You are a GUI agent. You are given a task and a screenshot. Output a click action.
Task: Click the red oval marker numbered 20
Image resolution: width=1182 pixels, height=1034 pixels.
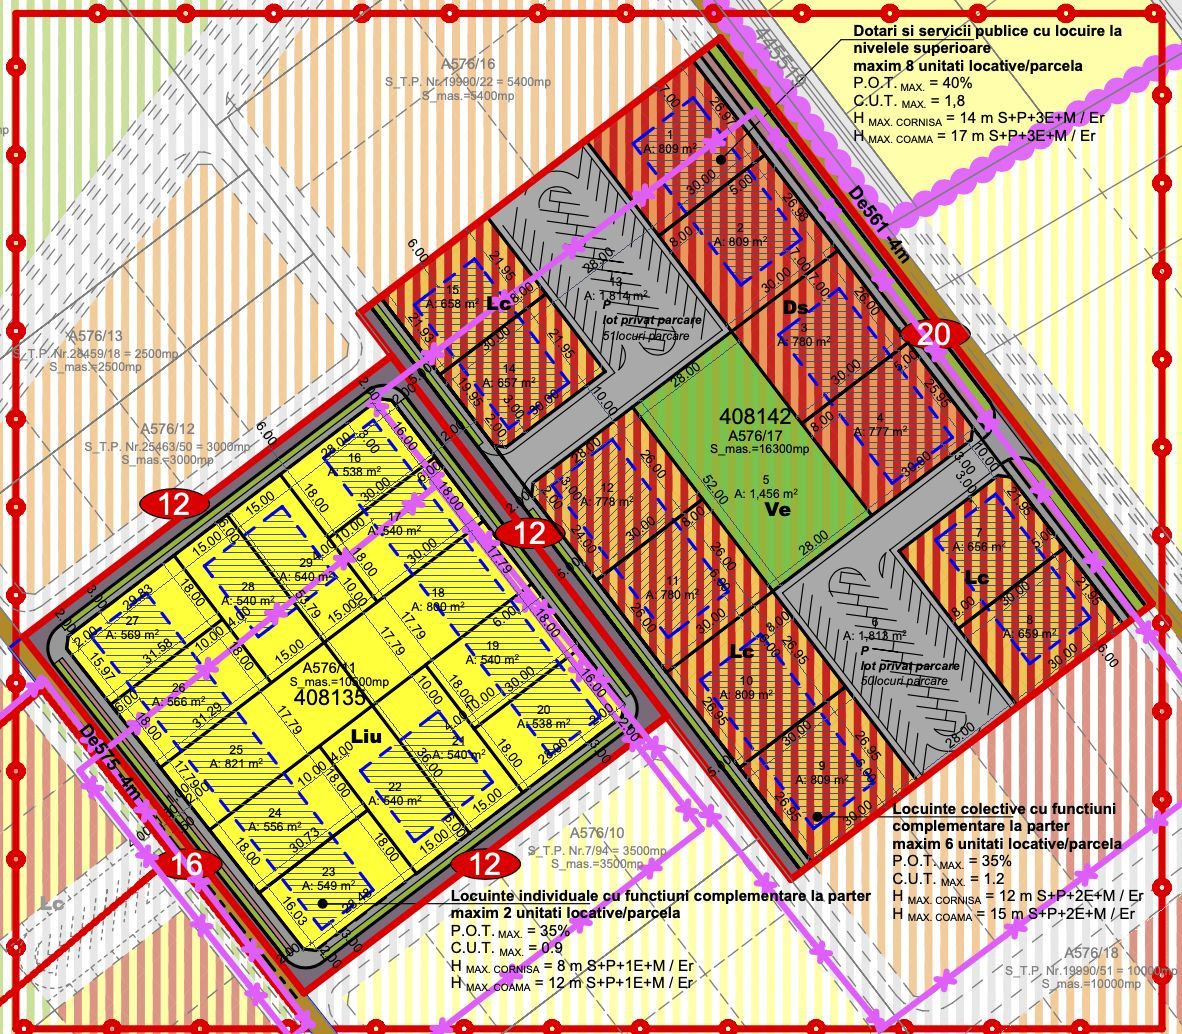[933, 335]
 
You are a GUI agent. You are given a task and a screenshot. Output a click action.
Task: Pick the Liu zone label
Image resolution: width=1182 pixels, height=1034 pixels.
[367, 736]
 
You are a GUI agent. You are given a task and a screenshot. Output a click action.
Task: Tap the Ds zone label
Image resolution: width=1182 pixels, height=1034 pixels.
[796, 306]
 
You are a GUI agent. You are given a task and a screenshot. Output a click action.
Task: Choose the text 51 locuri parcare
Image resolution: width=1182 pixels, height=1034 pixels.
[645, 336]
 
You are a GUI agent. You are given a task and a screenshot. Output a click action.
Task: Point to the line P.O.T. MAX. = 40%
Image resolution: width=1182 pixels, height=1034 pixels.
[909, 83]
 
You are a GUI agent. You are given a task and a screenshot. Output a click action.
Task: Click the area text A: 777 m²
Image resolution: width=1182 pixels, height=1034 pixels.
[880, 431]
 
